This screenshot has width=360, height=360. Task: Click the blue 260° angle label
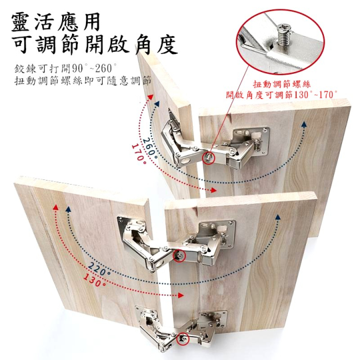[x=150, y=149]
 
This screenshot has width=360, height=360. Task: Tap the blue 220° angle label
[x=99, y=269]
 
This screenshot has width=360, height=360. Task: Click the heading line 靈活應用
[x=56, y=22]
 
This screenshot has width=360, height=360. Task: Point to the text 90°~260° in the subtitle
[x=95, y=68]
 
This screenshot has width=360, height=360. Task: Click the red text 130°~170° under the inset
[x=315, y=95]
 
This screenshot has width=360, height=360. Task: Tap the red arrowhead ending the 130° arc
[x=181, y=295]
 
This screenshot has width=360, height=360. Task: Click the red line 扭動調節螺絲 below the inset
[x=282, y=85]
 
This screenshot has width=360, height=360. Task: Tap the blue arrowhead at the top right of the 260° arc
[x=304, y=124]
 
